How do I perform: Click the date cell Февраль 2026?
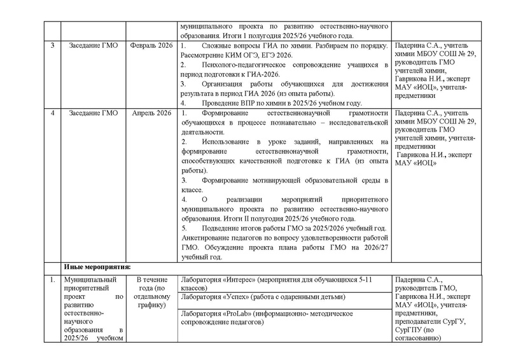pos(151,47)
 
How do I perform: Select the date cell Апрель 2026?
pos(151,113)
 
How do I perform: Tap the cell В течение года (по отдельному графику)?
pos(150,293)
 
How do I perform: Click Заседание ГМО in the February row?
pos(92,47)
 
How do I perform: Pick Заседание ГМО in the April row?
pos(92,113)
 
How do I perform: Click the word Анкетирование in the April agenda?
pos(206,238)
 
